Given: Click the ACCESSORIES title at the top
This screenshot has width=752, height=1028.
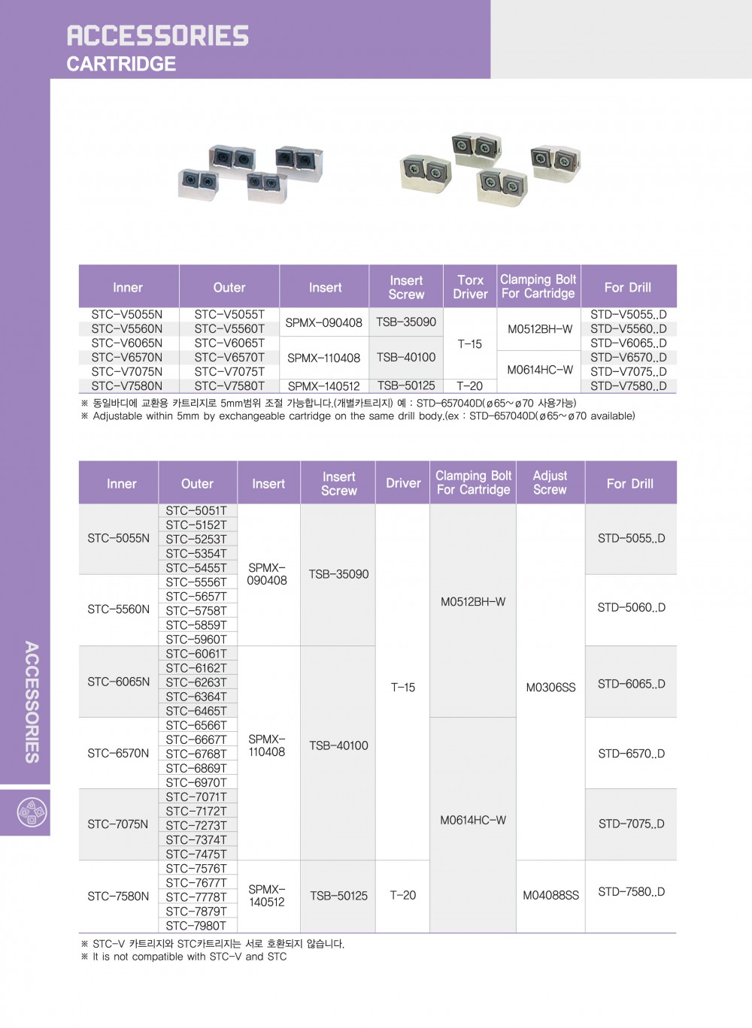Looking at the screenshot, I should [x=157, y=35].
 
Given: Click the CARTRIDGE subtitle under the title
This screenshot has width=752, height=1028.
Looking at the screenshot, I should [x=121, y=64].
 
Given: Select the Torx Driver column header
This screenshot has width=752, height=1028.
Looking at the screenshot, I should [x=470, y=287].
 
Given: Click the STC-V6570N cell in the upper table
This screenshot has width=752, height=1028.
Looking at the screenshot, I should [x=127, y=357].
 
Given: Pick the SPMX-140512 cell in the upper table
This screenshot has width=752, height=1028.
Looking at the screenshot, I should [x=324, y=386].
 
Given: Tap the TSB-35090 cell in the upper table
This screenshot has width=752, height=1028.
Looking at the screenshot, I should [x=406, y=322].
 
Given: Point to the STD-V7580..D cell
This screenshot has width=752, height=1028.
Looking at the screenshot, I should [x=628, y=386].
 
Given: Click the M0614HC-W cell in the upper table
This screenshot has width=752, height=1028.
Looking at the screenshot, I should [x=540, y=370].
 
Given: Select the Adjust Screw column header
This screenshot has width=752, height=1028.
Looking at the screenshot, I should [x=550, y=482].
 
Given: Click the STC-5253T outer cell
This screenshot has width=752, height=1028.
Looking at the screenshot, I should [x=196, y=539].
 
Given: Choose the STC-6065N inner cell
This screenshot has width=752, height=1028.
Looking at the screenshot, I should [x=119, y=682].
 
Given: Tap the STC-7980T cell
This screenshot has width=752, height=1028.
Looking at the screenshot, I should [x=196, y=926].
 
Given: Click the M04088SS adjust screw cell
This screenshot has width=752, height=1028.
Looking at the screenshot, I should [x=551, y=895].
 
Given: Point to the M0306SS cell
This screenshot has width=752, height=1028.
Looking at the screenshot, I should [x=551, y=687].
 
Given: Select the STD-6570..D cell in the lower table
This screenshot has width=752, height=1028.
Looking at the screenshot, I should [x=632, y=753].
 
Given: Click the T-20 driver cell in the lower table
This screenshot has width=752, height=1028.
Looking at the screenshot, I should [x=403, y=895].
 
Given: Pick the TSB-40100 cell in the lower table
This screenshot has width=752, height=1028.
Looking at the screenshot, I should [x=339, y=745].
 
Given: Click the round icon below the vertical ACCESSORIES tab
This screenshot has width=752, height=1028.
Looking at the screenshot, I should [x=32, y=812].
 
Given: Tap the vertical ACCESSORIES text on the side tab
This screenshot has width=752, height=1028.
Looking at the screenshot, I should [x=32, y=702].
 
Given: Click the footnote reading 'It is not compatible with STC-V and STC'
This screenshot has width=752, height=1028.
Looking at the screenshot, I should [x=190, y=957].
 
